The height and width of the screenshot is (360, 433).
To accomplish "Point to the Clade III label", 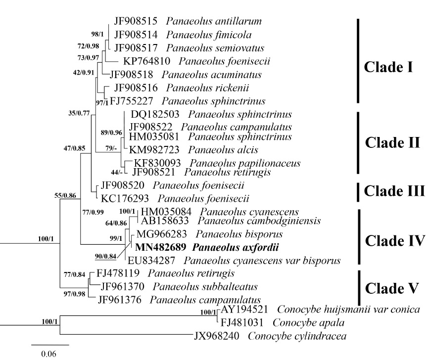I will click(x=393, y=191).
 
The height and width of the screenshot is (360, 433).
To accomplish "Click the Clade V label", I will click(x=391, y=288).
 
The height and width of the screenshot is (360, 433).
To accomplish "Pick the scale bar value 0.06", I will click(x=48, y=354).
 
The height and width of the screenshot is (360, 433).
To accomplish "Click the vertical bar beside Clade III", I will click(x=358, y=191).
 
